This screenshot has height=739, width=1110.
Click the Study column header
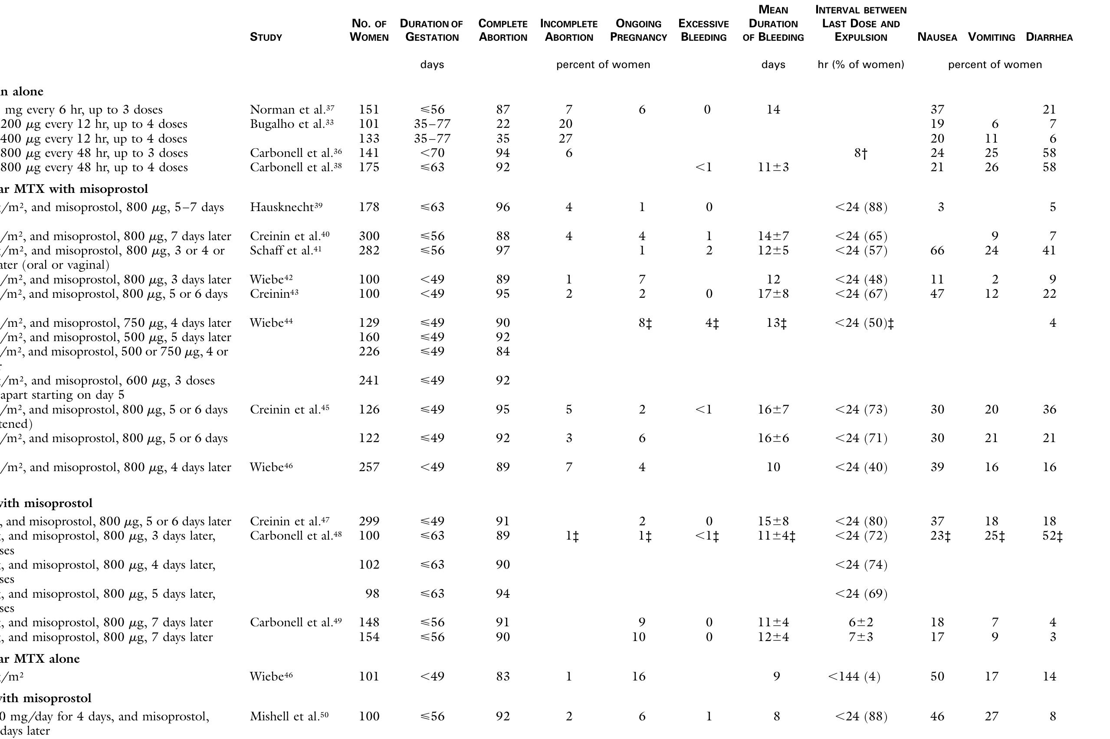tap(266, 37)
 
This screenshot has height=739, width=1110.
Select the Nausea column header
tap(937, 37)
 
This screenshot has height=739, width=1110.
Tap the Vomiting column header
tap(991, 37)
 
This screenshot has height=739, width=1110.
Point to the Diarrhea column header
tap(1049, 37)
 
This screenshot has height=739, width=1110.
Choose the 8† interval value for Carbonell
tap(860, 153)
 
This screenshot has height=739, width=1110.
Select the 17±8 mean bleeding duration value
tap(773, 294)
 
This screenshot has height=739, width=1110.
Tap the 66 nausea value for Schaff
tap(937, 250)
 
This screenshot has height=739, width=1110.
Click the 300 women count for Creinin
tap(369, 236)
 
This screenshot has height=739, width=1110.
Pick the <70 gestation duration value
tap(432, 153)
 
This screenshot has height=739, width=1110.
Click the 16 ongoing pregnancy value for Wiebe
tap(638, 677)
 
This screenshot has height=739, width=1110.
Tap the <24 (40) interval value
tap(860, 468)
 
